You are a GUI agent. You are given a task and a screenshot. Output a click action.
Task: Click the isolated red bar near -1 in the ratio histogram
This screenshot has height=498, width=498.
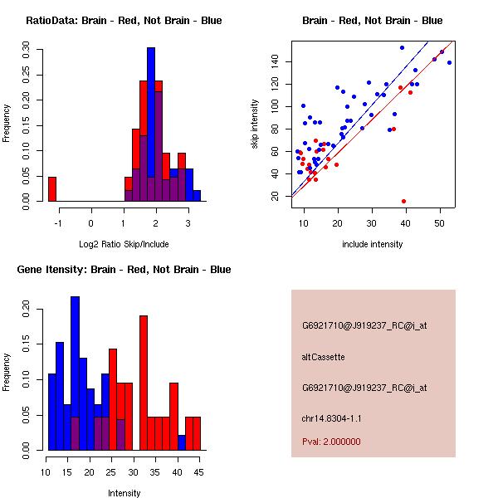[51, 189]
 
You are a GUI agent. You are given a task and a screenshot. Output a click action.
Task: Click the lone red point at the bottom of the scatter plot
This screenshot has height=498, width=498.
[403, 201]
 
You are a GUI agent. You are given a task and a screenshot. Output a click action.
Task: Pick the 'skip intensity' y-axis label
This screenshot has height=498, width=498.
[256, 124]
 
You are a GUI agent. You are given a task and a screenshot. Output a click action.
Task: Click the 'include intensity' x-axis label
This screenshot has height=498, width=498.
[372, 244]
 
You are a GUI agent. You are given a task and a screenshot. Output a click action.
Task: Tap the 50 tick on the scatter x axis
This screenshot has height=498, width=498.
[439, 223]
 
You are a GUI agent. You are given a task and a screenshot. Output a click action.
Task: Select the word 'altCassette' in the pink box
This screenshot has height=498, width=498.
[323, 357]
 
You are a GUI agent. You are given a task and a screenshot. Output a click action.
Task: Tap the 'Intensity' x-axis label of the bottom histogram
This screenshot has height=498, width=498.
[124, 493]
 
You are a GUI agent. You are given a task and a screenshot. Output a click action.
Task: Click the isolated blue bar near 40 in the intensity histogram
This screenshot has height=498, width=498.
[182, 442]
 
